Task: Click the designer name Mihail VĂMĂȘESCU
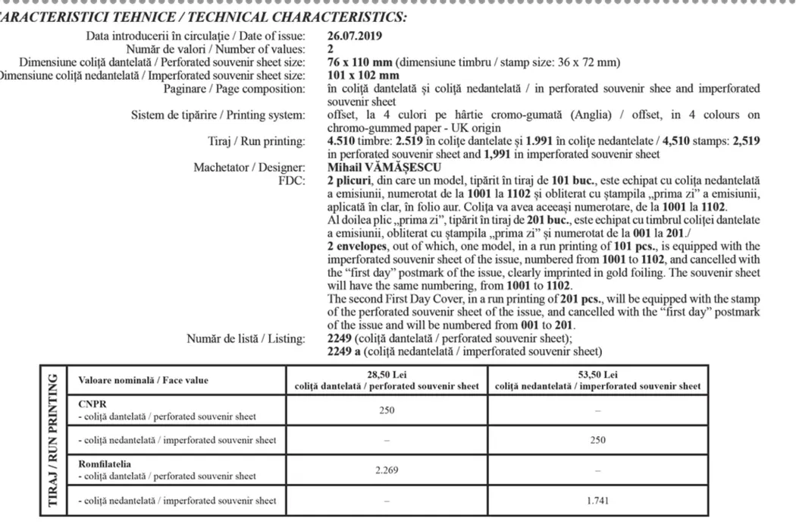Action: (384, 168)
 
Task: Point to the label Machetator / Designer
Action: (249, 168)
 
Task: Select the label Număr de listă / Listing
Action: (246, 338)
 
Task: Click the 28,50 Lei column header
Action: (387, 375)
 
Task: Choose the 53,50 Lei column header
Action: (598, 375)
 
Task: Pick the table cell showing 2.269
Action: (387, 470)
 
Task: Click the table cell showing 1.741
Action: (598, 501)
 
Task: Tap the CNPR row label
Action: (89, 404)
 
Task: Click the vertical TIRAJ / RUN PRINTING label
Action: (54, 440)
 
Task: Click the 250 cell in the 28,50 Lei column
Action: (387, 410)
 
